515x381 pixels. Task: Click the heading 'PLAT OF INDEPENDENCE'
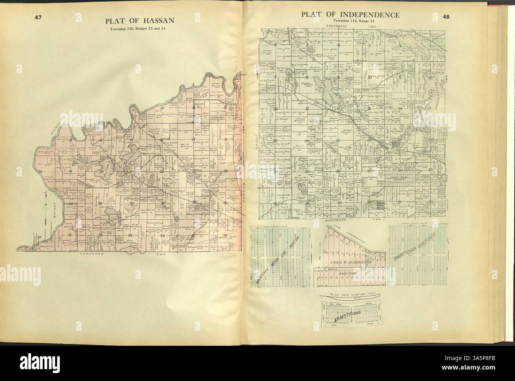click(x=350, y=15)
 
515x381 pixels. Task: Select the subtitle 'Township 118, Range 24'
click(x=351, y=21)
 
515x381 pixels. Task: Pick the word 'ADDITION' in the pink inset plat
click(x=348, y=273)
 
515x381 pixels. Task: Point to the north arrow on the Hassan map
click(x=46, y=195)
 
